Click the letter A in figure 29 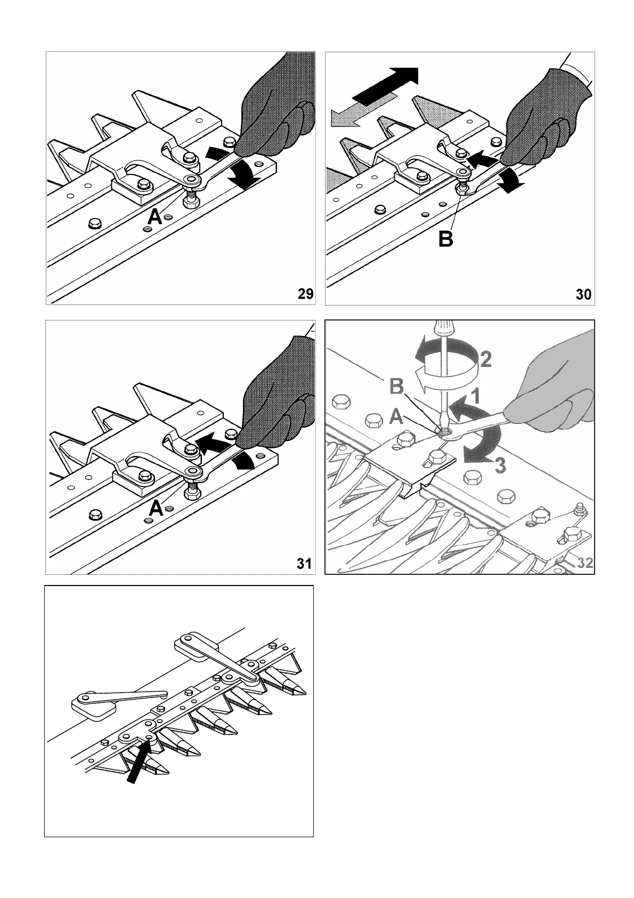click(x=155, y=217)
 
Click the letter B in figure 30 click(x=445, y=239)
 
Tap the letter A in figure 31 click(x=155, y=509)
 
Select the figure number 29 click(x=305, y=294)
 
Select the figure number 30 click(x=583, y=294)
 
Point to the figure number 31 click(x=304, y=563)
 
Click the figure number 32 click(x=585, y=563)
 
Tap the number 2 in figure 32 click(x=485, y=360)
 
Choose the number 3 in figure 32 click(x=499, y=466)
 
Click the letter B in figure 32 click(x=397, y=387)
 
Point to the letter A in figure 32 click(x=396, y=416)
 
